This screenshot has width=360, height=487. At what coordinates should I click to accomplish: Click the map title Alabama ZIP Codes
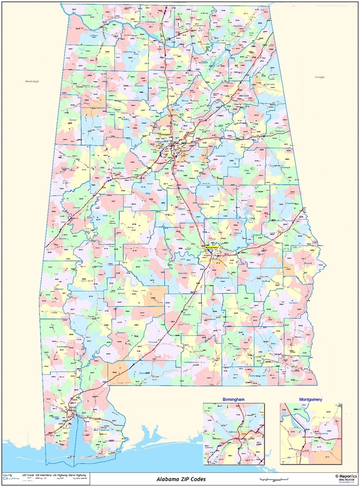point(181,479)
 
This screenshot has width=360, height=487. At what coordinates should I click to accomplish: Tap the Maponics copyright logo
point(345,476)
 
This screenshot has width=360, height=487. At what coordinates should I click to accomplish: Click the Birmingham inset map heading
point(233,400)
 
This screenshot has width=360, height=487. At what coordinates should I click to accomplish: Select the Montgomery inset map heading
point(310,400)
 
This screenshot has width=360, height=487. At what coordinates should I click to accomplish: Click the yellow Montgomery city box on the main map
point(212,247)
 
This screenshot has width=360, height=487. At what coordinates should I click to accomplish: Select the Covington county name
point(189,362)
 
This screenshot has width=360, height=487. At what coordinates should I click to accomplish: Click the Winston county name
point(139,86)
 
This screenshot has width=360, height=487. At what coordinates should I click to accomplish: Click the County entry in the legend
point(7,475)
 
